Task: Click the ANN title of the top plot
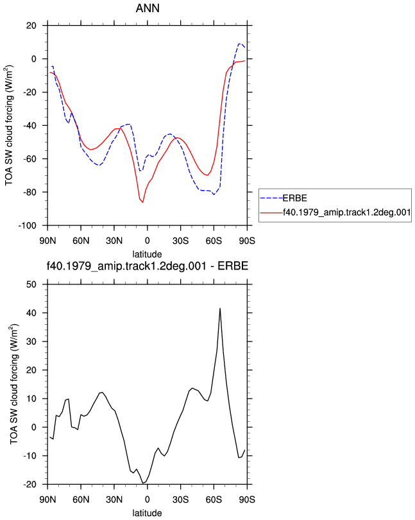[x=148, y=8]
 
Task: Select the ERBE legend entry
[x=294, y=198]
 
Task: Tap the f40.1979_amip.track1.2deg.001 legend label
[x=347, y=212]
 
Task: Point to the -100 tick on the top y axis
[x=27, y=226]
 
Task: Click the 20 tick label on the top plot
[x=31, y=26]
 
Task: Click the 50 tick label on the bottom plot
[x=31, y=284]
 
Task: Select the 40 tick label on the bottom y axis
[x=31, y=313]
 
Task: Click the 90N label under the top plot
[x=47, y=241]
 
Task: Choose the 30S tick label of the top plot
[x=181, y=241]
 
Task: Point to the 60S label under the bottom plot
[x=214, y=499]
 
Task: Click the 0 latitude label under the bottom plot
[x=148, y=499]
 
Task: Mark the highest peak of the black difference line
[x=220, y=308]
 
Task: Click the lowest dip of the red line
[x=143, y=202]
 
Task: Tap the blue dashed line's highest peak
[x=239, y=44]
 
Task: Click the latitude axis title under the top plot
[x=147, y=254]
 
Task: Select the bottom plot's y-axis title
[x=14, y=384]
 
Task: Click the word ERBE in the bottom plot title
[x=233, y=266]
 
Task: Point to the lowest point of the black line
[x=143, y=483]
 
